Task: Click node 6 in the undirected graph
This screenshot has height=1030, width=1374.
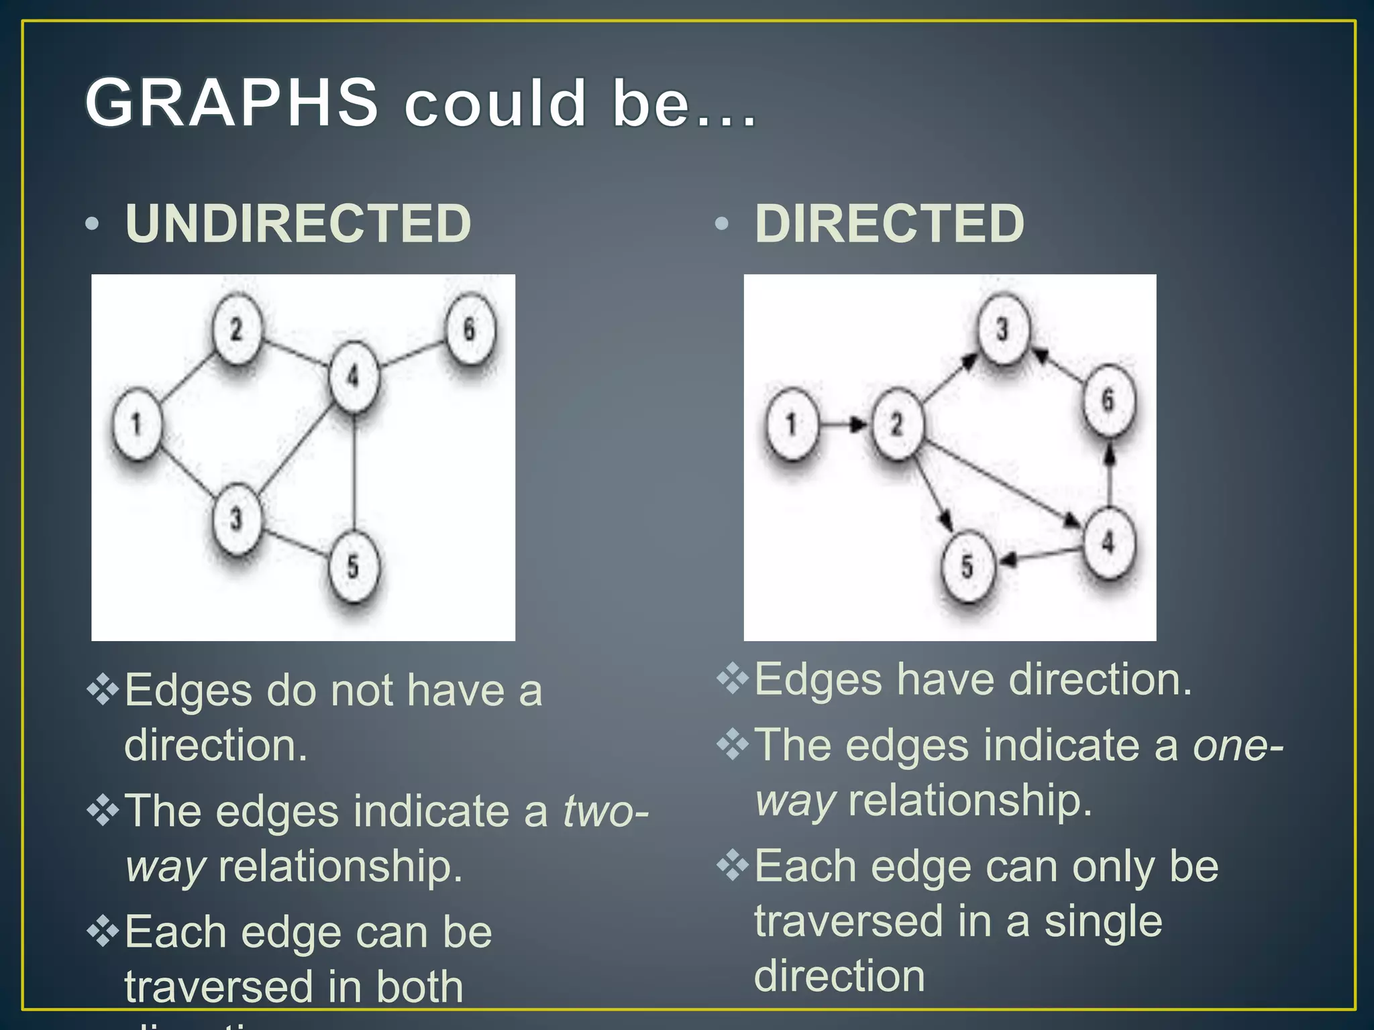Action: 470,329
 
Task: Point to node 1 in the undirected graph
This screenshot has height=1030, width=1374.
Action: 137,424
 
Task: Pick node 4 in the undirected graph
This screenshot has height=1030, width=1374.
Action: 354,377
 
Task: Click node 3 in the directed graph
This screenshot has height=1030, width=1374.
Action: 1002,329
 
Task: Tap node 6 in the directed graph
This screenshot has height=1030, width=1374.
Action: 1108,400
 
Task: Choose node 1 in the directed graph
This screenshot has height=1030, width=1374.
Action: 792,424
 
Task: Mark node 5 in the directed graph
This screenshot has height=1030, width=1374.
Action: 967,567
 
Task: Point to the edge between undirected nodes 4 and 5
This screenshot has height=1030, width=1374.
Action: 354,473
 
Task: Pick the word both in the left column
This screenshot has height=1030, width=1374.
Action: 419,987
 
